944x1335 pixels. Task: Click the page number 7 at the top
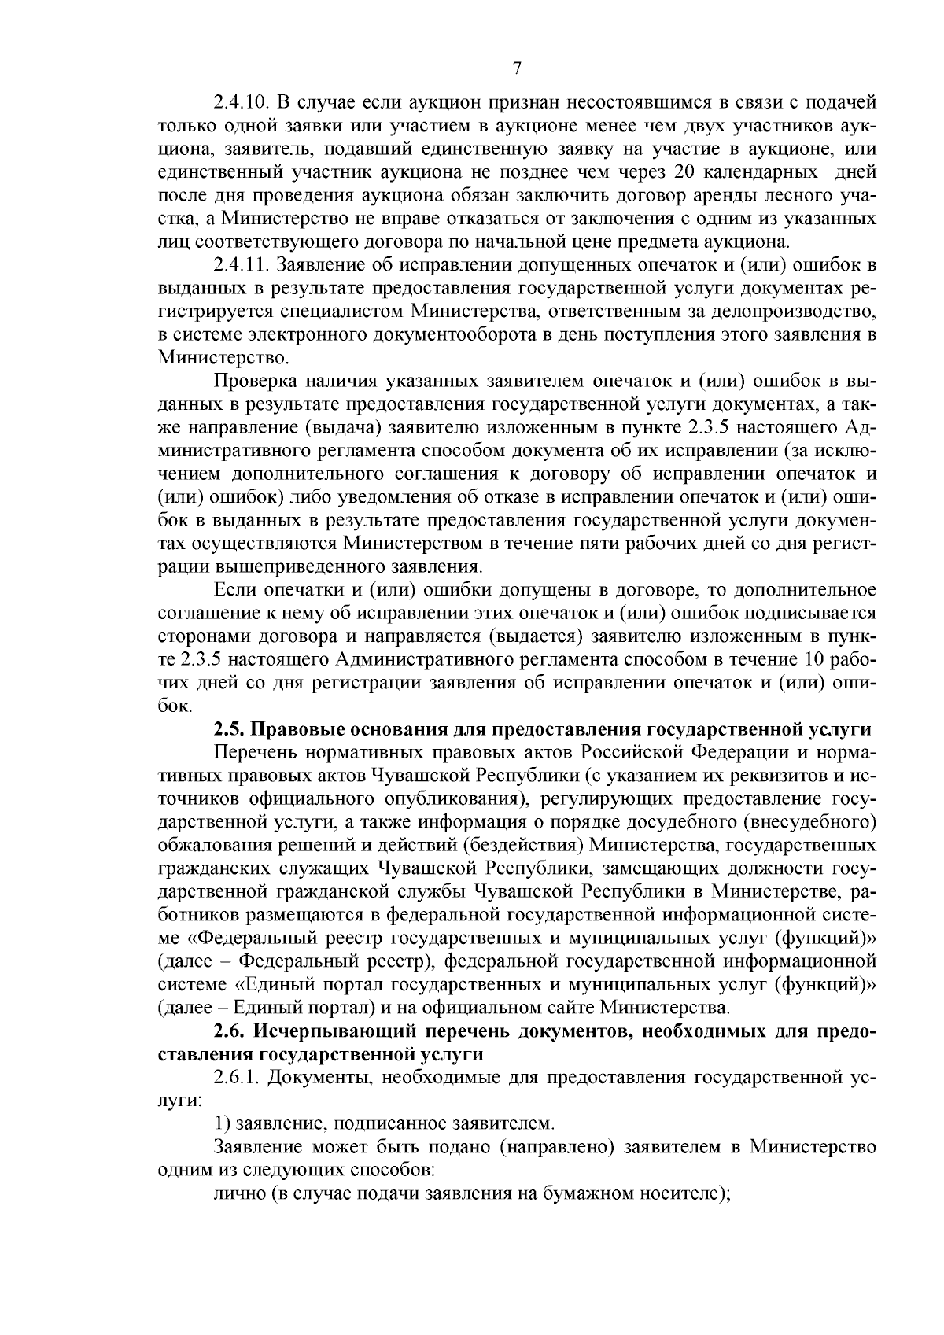click(x=516, y=68)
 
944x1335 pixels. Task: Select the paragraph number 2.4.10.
click(x=242, y=102)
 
